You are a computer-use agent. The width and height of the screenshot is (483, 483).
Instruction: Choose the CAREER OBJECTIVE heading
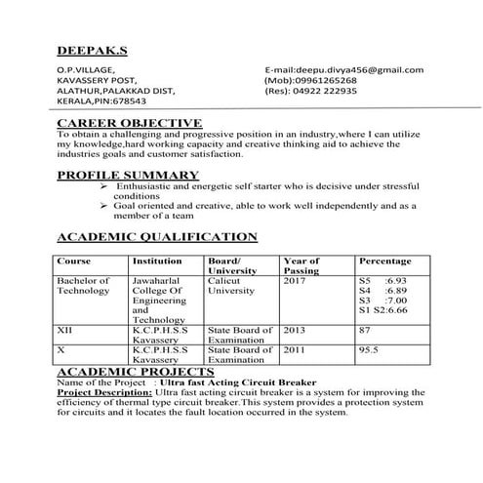pyautogui.click(x=130, y=122)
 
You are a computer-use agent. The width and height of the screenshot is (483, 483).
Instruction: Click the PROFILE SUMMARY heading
pyautogui.click(x=128, y=175)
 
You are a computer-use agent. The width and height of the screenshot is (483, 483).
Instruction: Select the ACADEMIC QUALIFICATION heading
pyautogui.click(x=157, y=236)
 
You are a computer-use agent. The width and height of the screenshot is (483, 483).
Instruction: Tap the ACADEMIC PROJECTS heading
pyautogui.click(x=136, y=372)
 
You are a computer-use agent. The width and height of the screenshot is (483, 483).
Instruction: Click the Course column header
pyautogui.click(x=74, y=262)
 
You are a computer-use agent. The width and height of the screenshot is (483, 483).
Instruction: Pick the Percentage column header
pyautogui.click(x=384, y=262)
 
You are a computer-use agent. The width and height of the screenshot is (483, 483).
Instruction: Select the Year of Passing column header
pyautogui.click(x=301, y=266)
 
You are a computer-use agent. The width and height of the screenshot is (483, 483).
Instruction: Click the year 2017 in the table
pyautogui.click(x=294, y=280)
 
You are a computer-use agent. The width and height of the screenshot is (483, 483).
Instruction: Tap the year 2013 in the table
pyautogui.click(x=294, y=331)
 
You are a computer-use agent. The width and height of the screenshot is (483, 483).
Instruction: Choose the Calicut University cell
pyautogui.click(x=230, y=285)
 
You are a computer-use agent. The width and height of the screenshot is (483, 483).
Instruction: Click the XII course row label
pyautogui.click(x=66, y=331)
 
